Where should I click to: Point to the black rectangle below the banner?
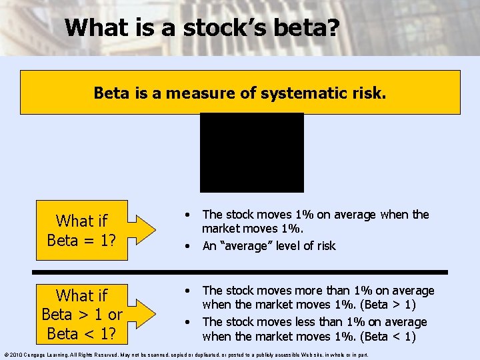click(252, 152)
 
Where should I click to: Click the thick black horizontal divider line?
click(240, 272)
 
